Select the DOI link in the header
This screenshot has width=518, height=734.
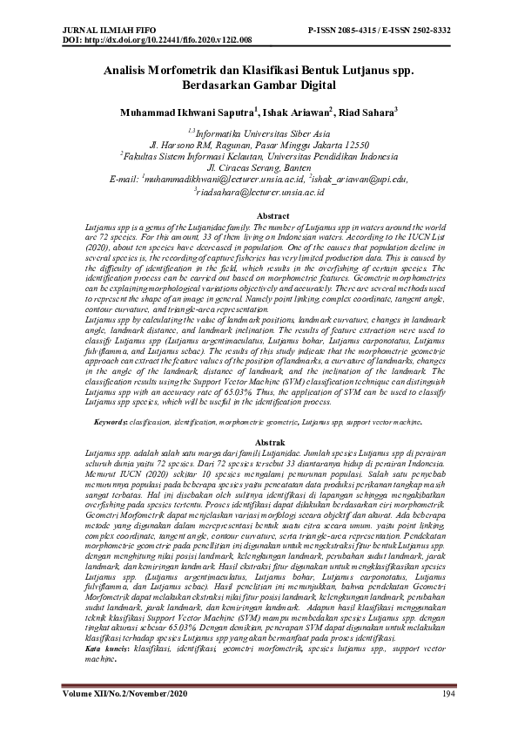coord(158,40)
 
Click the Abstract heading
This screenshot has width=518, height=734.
coord(259,215)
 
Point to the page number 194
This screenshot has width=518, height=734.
coord(448,693)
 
